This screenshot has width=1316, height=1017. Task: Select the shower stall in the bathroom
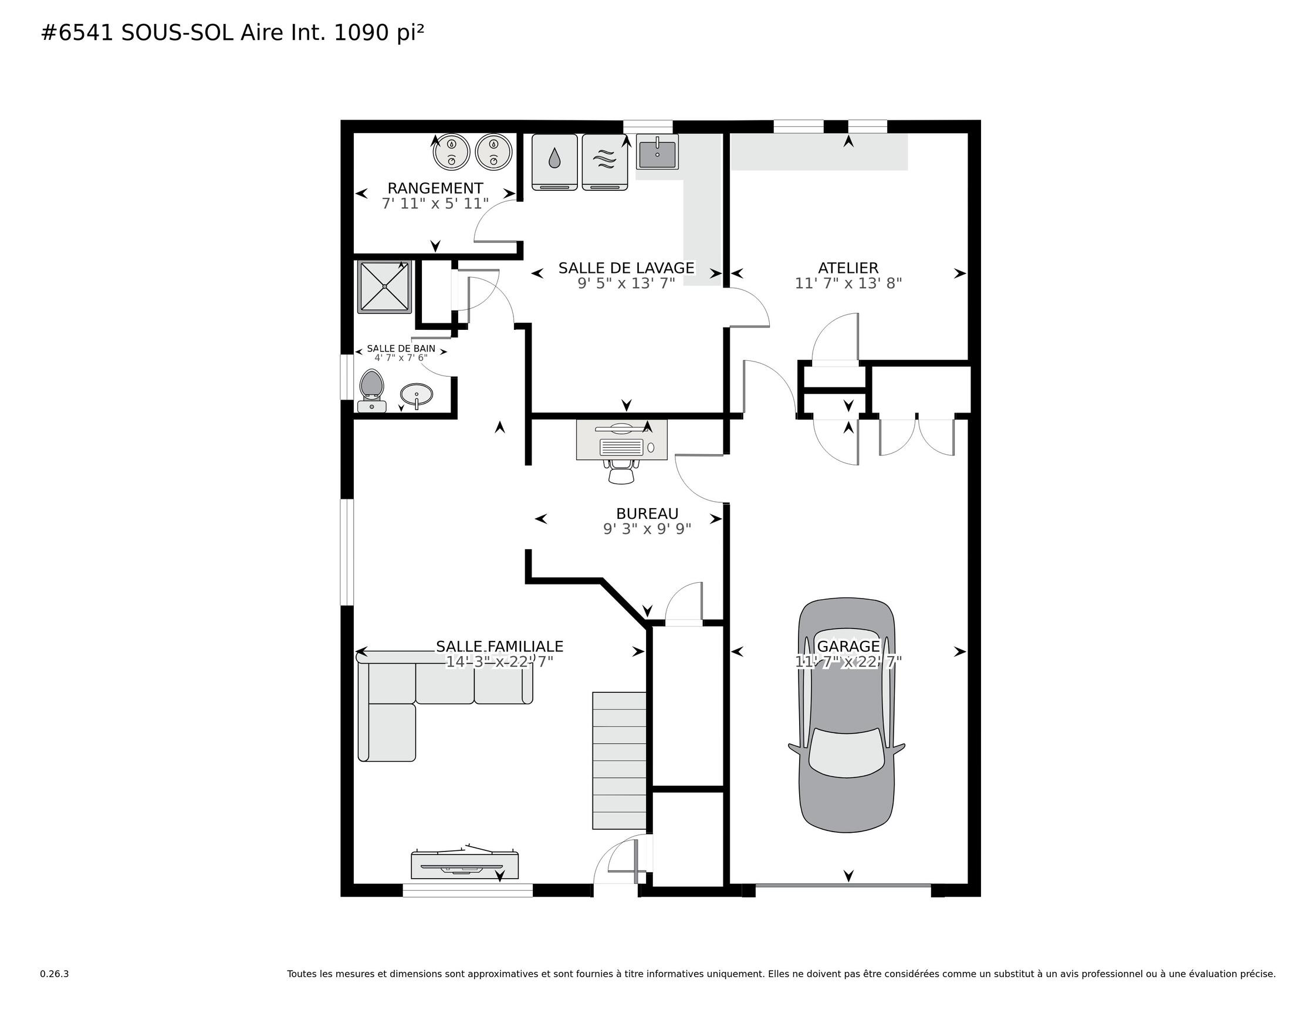coord(384,286)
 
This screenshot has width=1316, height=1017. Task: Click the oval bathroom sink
coord(417,396)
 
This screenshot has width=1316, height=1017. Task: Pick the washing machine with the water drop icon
coord(554,161)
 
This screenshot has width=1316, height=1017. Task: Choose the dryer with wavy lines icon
coord(604,161)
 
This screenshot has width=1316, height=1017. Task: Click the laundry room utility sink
coord(657,151)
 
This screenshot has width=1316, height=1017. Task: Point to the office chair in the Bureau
coord(621,471)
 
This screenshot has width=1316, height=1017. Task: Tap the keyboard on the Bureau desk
coord(622,447)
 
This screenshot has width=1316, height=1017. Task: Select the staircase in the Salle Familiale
coord(620,760)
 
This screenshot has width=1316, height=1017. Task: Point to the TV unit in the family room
coord(465,864)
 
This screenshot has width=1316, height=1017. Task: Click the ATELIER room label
coord(848,268)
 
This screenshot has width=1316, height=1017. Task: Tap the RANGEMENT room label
coord(435,189)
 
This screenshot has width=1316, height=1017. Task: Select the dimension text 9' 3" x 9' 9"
coord(647,529)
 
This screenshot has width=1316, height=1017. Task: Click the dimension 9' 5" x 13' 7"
coord(626,283)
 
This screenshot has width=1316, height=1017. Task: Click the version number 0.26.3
coord(54,974)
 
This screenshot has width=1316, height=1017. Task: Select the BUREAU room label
coord(647,513)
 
